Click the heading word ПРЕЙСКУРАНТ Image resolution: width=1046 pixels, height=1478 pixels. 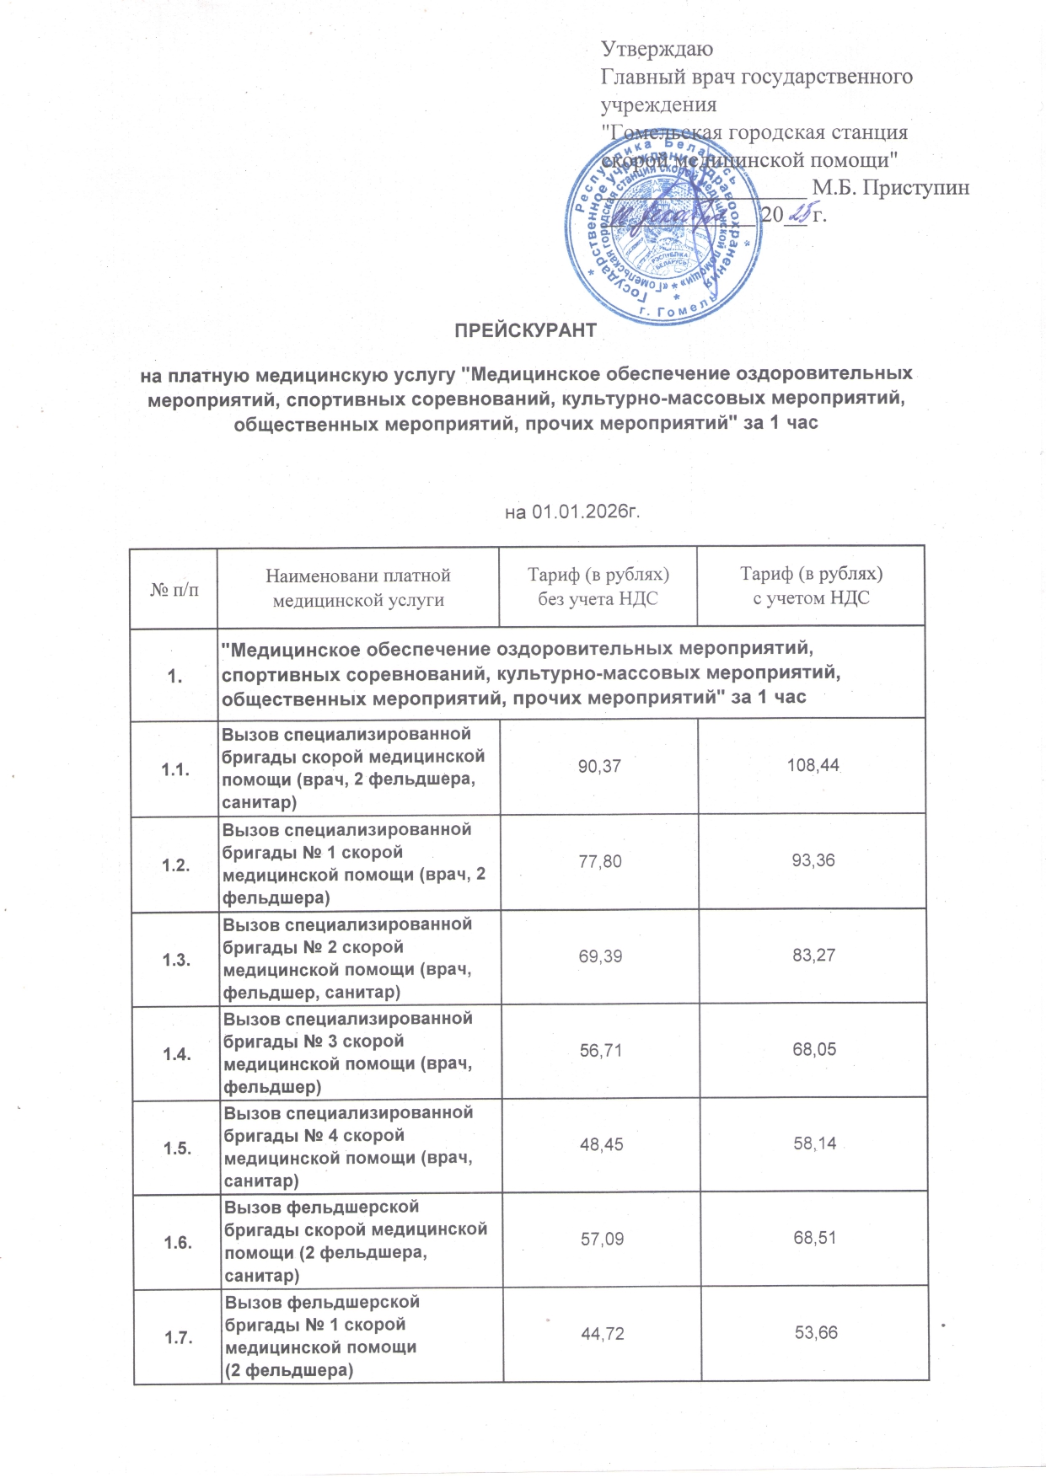click(525, 331)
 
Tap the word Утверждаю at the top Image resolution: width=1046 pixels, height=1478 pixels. click(657, 50)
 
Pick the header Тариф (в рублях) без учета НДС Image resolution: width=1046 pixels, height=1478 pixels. click(598, 586)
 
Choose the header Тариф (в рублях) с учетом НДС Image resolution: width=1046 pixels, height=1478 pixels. click(812, 586)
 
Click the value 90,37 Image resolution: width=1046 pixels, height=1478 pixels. click(599, 766)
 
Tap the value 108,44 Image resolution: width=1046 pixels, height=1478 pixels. click(813, 766)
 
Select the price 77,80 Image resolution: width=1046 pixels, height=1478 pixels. click(600, 860)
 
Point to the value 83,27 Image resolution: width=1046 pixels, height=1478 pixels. click(813, 956)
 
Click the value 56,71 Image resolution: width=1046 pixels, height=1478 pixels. click(601, 1050)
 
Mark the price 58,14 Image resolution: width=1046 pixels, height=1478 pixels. click(814, 1144)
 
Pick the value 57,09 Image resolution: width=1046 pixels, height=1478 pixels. click(602, 1239)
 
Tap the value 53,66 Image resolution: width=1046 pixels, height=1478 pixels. click(816, 1333)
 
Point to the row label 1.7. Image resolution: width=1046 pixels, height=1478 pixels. click(179, 1337)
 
